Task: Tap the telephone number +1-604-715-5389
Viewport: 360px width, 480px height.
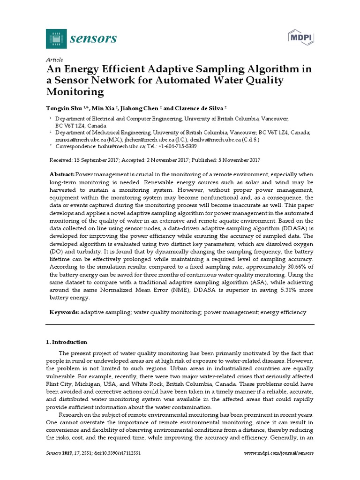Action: click(x=170, y=146)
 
